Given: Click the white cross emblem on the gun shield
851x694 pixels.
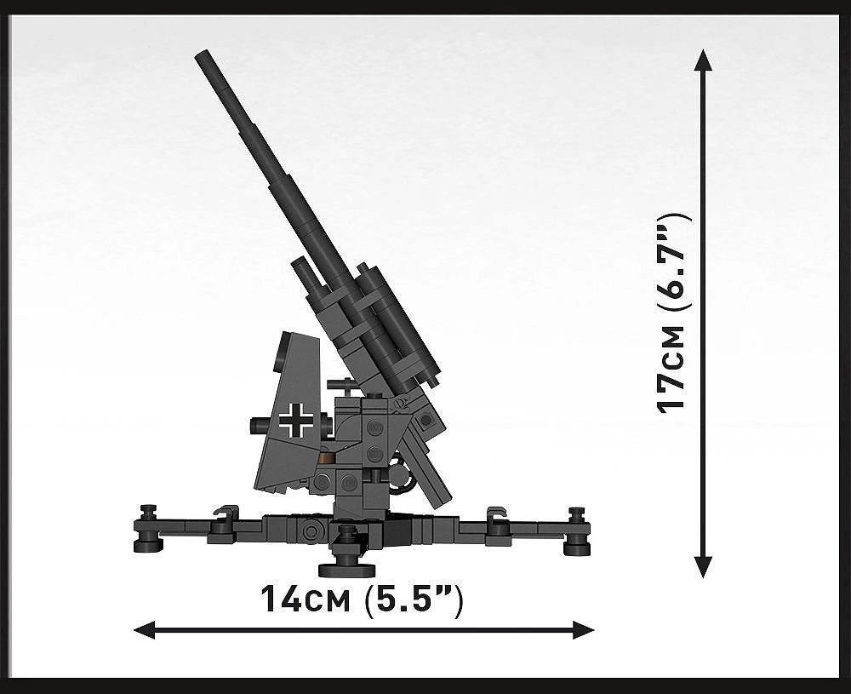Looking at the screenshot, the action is (x=296, y=419).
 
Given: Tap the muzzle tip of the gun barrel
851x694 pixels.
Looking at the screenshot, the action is (x=202, y=54).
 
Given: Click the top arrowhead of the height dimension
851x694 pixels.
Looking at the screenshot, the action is (x=703, y=60).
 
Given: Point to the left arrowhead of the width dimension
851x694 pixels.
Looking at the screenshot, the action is (x=145, y=630).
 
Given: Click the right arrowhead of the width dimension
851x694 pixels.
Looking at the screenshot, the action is (x=583, y=630).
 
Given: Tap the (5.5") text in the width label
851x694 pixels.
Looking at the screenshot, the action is (x=414, y=600).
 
